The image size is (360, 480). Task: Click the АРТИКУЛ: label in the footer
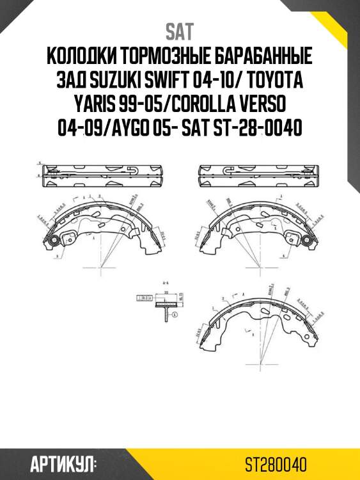63,463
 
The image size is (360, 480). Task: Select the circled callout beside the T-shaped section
174,315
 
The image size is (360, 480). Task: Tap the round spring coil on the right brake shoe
306,241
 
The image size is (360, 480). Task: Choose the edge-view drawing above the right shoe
258,176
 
